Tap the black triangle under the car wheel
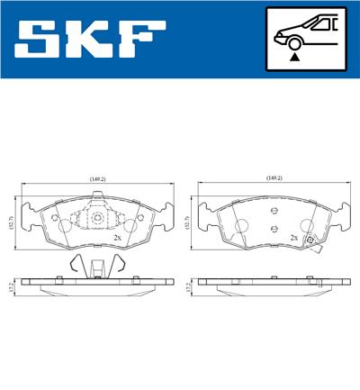pyautogui.click(x=294, y=56)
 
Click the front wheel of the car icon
pyautogui.click(x=294, y=41)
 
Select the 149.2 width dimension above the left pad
pyautogui.click(x=98, y=178)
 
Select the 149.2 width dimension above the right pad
pyautogui.click(x=274, y=178)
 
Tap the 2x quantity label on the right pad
pyautogui.click(x=293, y=238)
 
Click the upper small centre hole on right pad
pyautogui.click(x=273, y=213)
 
